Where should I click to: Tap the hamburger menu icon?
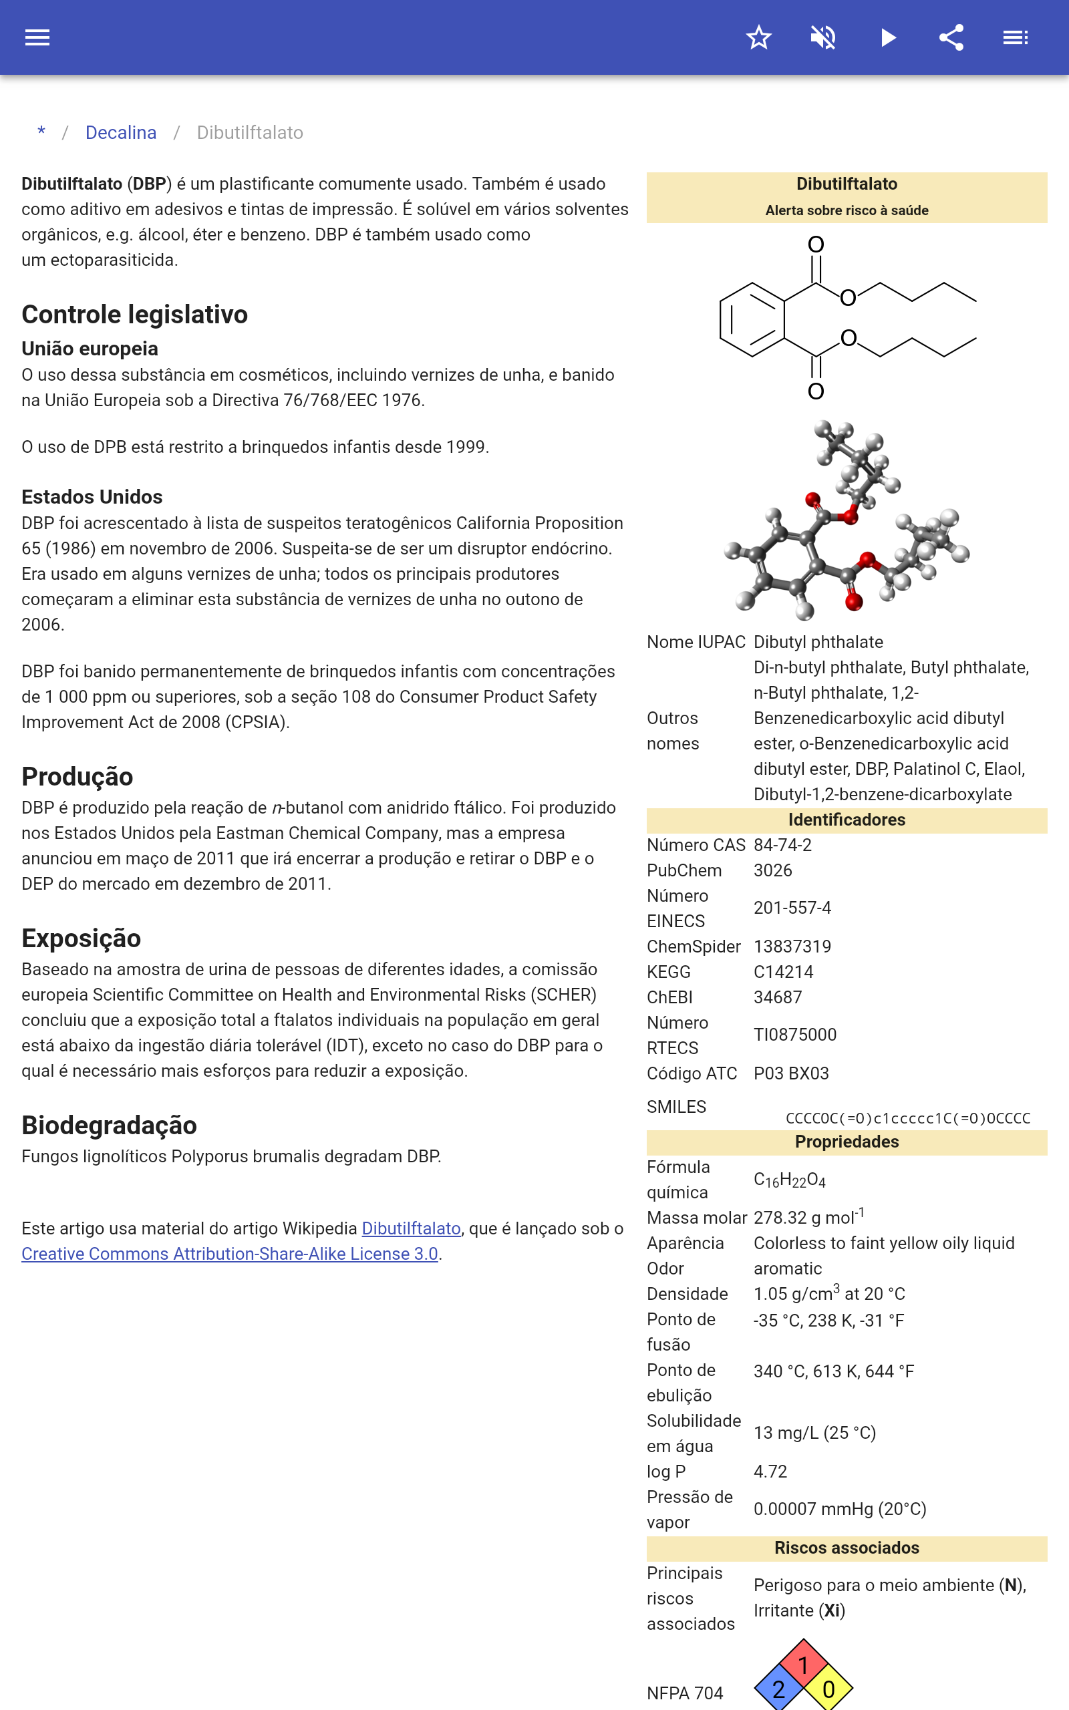click(x=37, y=37)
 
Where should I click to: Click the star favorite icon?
click(x=758, y=37)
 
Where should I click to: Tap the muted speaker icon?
click(x=823, y=37)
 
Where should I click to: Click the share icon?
click(x=951, y=37)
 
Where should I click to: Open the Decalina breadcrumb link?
click(x=121, y=133)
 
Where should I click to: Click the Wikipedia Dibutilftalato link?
click(x=411, y=1228)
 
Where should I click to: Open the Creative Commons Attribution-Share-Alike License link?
click(x=230, y=1254)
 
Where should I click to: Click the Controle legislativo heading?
click(x=134, y=315)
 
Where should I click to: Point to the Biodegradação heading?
click(x=109, y=1125)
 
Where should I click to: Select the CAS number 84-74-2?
click(x=782, y=845)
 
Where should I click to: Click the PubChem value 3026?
click(x=773, y=870)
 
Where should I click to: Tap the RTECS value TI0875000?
click(x=794, y=1035)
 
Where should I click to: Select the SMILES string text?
click(x=908, y=1118)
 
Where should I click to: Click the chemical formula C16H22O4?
click(x=789, y=1180)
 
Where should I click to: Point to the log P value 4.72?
click(x=770, y=1472)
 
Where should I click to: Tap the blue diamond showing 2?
click(x=778, y=1689)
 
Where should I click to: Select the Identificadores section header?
click(x=847, y=820)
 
